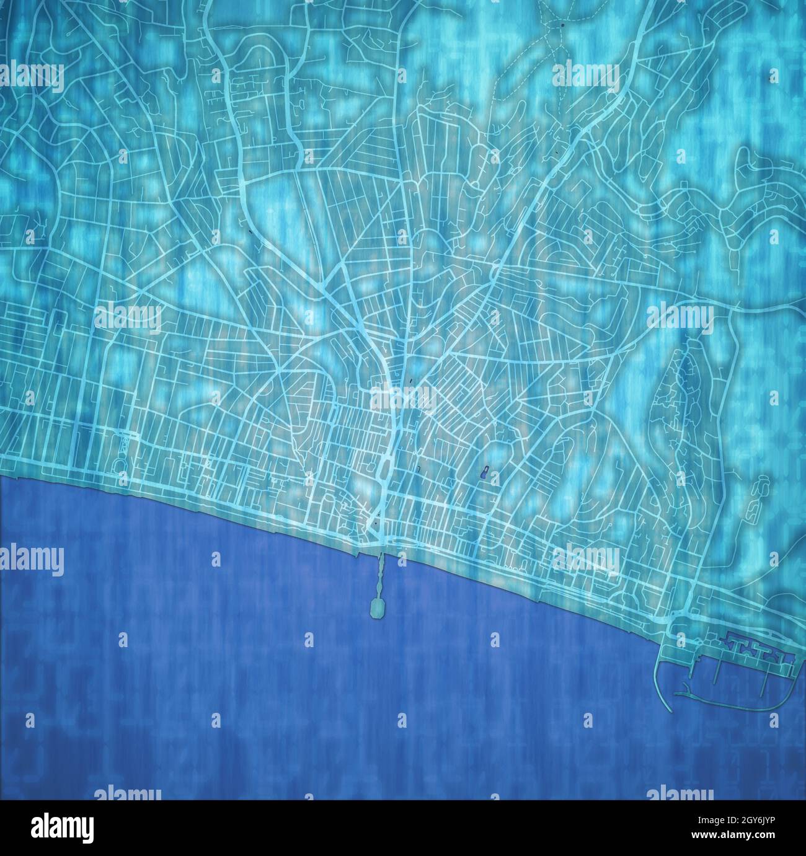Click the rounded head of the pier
pyautogui.click(x=377, y=608)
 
